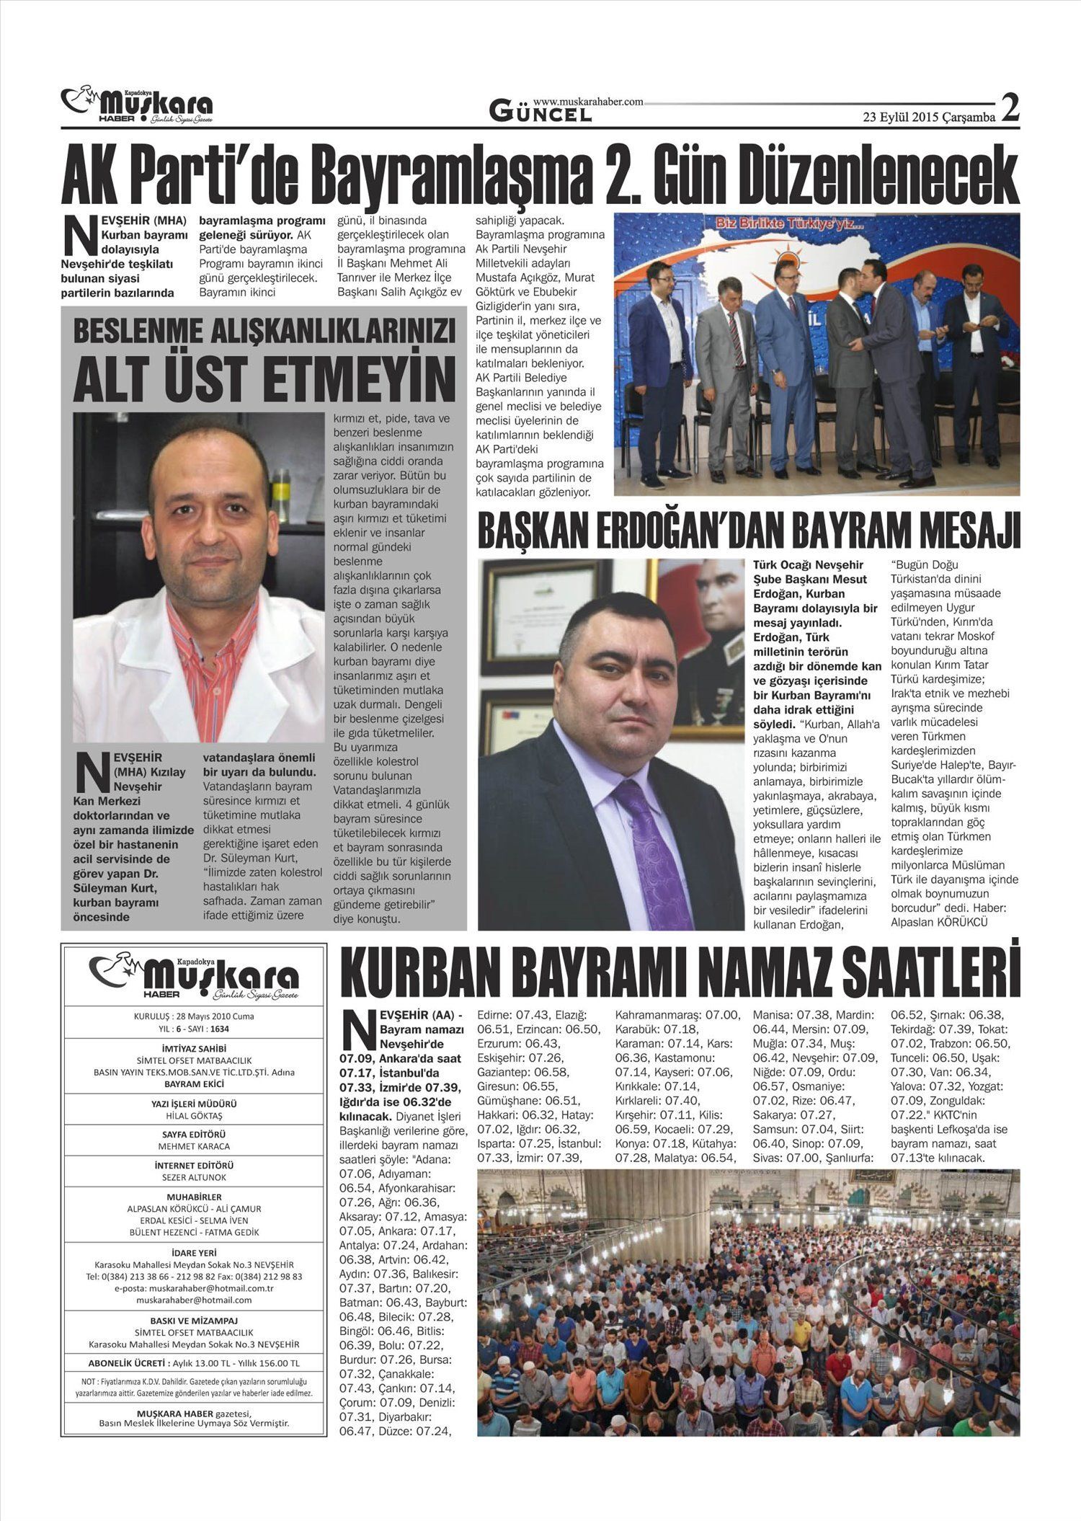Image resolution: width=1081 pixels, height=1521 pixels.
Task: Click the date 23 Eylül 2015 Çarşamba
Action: pos(929,117)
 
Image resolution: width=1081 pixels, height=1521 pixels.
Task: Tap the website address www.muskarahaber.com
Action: pos(587,102)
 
